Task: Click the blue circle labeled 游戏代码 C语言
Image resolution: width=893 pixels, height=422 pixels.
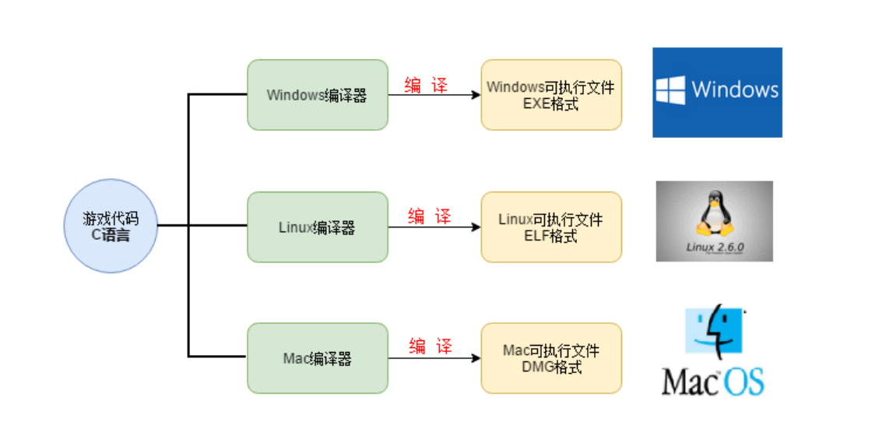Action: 111,226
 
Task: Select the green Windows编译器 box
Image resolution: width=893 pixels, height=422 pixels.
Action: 317,95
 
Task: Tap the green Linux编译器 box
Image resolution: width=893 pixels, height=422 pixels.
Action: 317,227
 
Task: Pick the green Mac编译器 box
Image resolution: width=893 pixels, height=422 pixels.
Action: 317,358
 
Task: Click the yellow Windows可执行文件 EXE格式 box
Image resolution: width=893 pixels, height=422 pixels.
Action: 551,95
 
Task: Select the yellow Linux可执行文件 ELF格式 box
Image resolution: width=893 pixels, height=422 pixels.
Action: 551,227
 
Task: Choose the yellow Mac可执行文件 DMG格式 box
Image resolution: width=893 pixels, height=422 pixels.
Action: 551,358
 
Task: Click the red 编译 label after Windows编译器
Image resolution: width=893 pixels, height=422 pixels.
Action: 426,86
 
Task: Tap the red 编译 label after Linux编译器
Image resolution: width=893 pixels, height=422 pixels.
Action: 429,216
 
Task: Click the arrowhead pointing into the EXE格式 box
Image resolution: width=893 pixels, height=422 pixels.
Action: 475,95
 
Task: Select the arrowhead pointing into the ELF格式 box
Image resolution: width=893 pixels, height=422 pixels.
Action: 475,227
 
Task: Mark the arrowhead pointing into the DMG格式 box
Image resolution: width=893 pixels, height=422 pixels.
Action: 475,358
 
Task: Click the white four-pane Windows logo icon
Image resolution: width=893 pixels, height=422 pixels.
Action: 670,90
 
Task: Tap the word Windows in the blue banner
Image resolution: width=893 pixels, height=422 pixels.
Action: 734,90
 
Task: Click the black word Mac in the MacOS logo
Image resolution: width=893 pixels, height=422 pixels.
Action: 688,382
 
